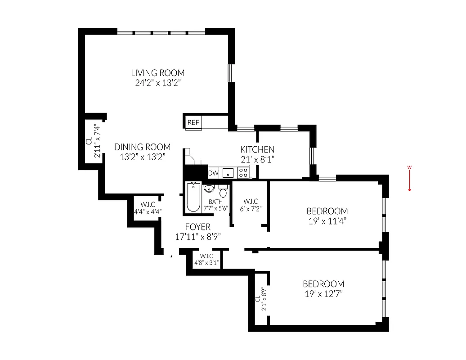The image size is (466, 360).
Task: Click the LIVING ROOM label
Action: pos(157,73)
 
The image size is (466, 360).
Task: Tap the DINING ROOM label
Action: pos(142,147)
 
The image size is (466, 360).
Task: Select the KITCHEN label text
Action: pos(257,149)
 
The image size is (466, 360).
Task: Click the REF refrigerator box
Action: pos(193,122)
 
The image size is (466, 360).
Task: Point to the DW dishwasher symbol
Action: pos(213,172)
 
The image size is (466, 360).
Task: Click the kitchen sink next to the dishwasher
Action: pos(228,172)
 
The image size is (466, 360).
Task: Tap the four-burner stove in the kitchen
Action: pos(243,172)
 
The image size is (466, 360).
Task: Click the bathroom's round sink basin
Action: pos(209,188)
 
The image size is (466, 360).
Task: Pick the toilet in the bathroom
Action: pos(223,189)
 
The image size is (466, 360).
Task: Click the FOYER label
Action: pos(197,227)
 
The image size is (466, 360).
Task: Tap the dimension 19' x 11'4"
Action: pos(327,221)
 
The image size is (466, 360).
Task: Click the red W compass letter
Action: pos(409,168)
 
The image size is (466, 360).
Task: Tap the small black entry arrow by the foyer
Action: pos(171,256)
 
